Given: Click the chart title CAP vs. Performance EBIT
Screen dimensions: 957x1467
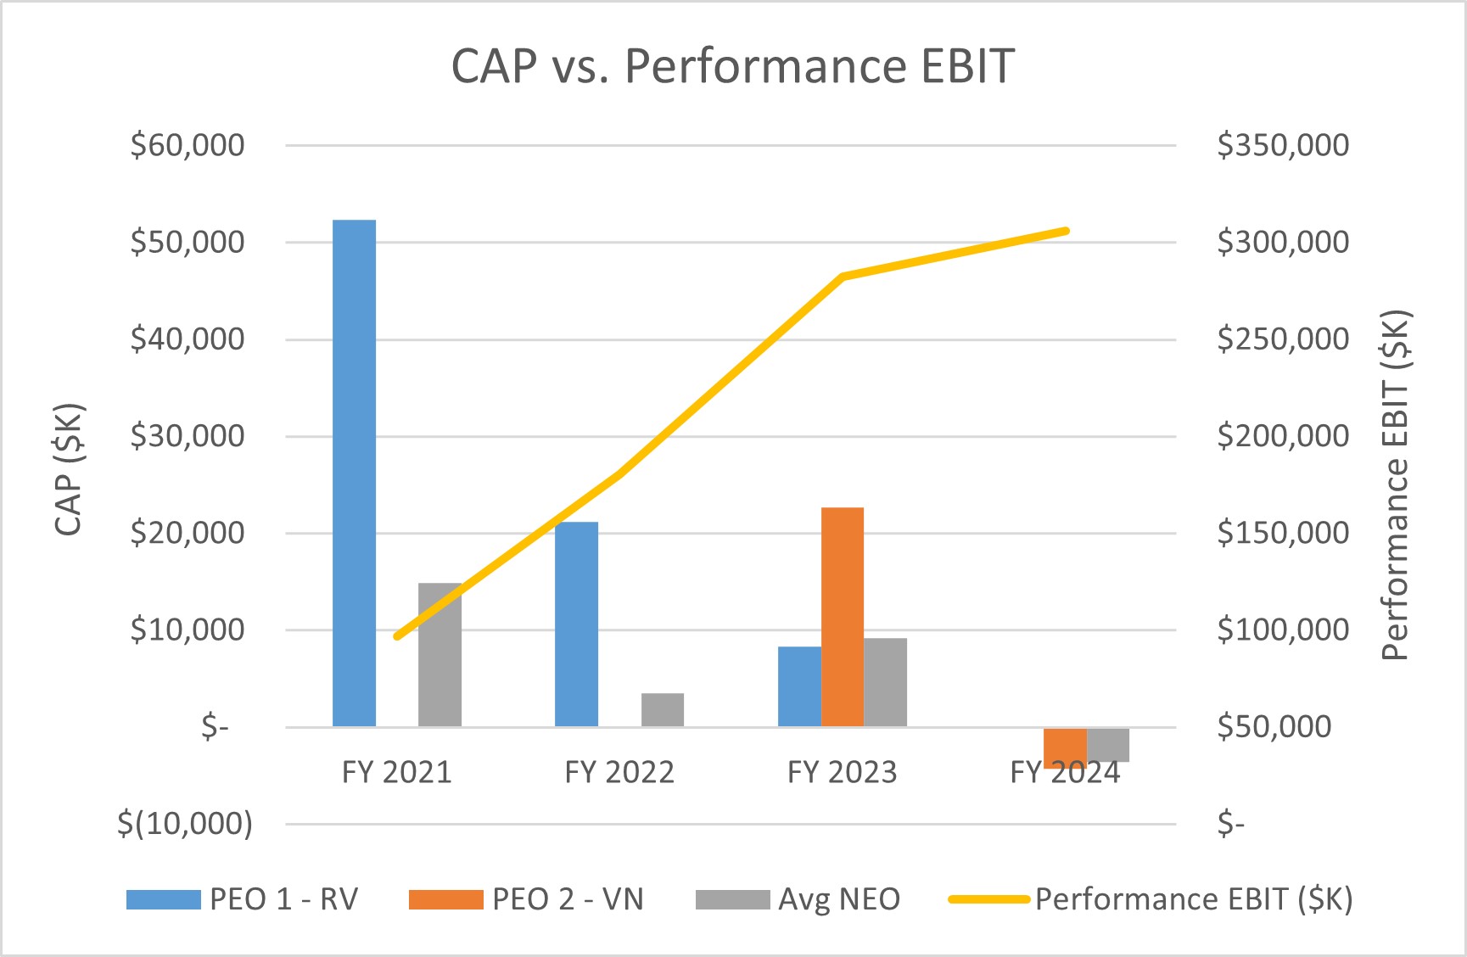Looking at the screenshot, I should tap(732, 65).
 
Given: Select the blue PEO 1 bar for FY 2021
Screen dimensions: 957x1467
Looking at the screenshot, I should tap(354, 473).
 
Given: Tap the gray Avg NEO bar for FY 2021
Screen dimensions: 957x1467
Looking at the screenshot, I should tap(440, 654).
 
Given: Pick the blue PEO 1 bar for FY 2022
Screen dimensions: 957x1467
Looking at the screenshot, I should tap(576, 624).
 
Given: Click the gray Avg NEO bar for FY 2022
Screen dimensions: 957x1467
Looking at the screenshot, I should tap(663, 710).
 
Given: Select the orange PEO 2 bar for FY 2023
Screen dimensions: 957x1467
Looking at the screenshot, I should tap(843, 617).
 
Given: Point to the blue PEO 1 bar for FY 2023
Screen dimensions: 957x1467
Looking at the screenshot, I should tap(799, 686).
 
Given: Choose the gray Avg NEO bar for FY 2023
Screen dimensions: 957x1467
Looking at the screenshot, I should tap(885, 682).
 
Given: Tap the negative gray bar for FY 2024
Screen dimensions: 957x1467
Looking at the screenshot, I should tap(1108, 744).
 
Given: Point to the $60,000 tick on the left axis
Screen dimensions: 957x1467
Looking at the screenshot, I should tap(187, 145).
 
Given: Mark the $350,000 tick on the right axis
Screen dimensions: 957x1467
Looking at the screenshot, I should tap(1282, 145).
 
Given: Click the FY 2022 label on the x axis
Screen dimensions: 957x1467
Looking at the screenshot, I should tap(619, 772).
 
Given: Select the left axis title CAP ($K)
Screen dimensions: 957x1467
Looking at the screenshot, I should tap(69, 469).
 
